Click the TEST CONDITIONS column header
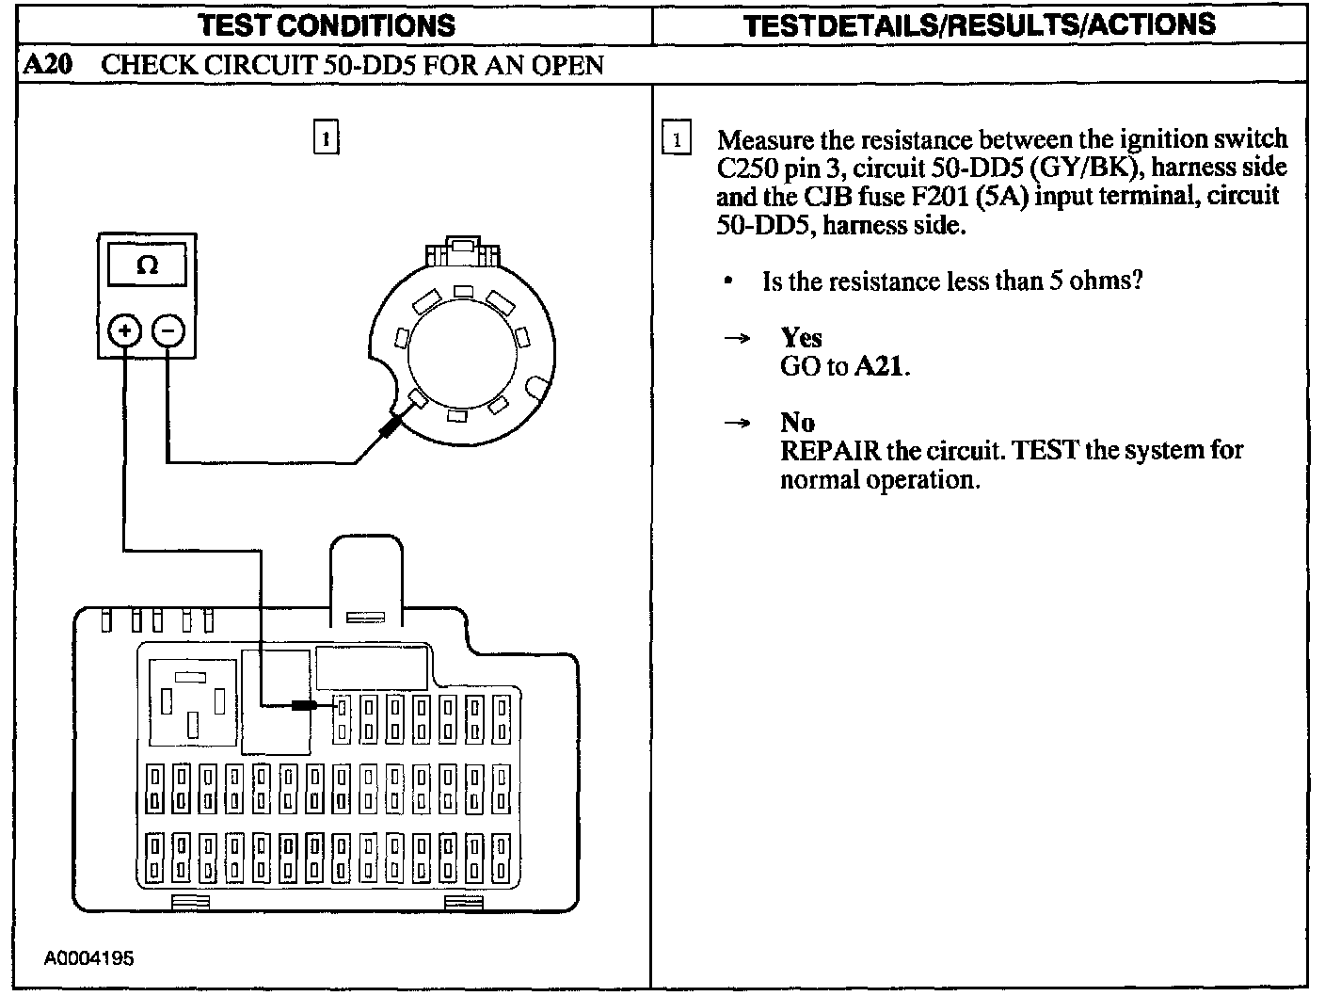327,24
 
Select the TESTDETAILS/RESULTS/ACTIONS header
979,24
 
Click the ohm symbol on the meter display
147,265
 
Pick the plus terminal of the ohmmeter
125,330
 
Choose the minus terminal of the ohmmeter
168,330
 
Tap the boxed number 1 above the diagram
326,138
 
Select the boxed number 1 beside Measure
677,139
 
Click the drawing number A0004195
89,958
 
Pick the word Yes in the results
801,338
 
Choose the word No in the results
797,423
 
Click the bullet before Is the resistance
728,282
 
